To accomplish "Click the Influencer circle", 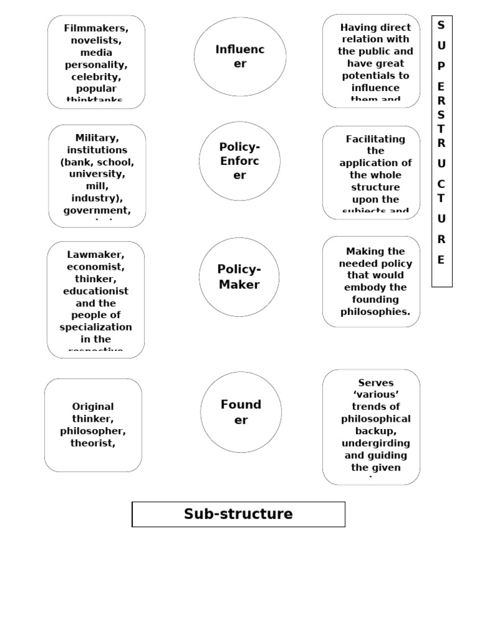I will pyautogui.click(x=240, y=56).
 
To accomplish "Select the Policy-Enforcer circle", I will pyautogui.click(x=239, y=161).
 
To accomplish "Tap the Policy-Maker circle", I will pyautogui.click(x=238, y=277).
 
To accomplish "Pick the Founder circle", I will pyautogui.click(x=240, y=412).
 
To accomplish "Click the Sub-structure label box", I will pyautogui.click(x=238, y=514).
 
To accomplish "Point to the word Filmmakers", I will pyautogui.click(x=96, y=29).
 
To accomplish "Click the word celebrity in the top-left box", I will pyautogui.click(x=95, y=77).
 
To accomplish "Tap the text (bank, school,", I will pyautogui.click(x=97, y=162).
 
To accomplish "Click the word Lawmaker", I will pyautogui.click(x=96, y=255).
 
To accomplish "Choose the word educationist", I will pyautogui.click(x=96, y=291).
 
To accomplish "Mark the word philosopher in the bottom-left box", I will pyautogui.click(x=93, y=431).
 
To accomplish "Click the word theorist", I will pyautogui.click(x=93, y=443).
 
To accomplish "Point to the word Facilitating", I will pyautogui.click(x=375, y=139).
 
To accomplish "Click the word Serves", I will pyautogui.click(x=376, y=383).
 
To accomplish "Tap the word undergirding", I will pyautogui.click(x=375, y=443).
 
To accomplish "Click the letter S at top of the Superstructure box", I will pyautogui.click(x=441, y=25).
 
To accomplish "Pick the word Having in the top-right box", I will pyautogui.click(x=358, y=27).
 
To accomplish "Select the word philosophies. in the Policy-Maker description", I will pyautogui.click(x=375, y=311).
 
